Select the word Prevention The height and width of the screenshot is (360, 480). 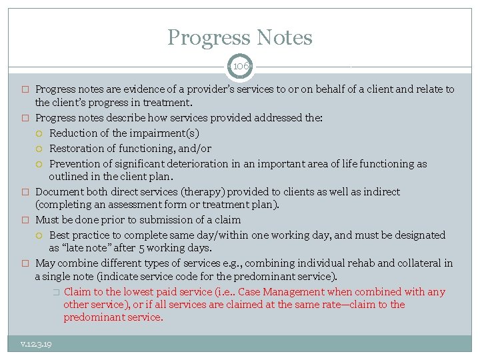(x=73, y=164)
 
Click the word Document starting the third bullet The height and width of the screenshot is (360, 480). (x=57, y=192)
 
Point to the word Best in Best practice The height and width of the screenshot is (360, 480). (x=59, y=235)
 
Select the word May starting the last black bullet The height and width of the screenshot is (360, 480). (x=45, y=263)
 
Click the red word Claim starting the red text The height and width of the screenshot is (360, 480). (x=77, y=292)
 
